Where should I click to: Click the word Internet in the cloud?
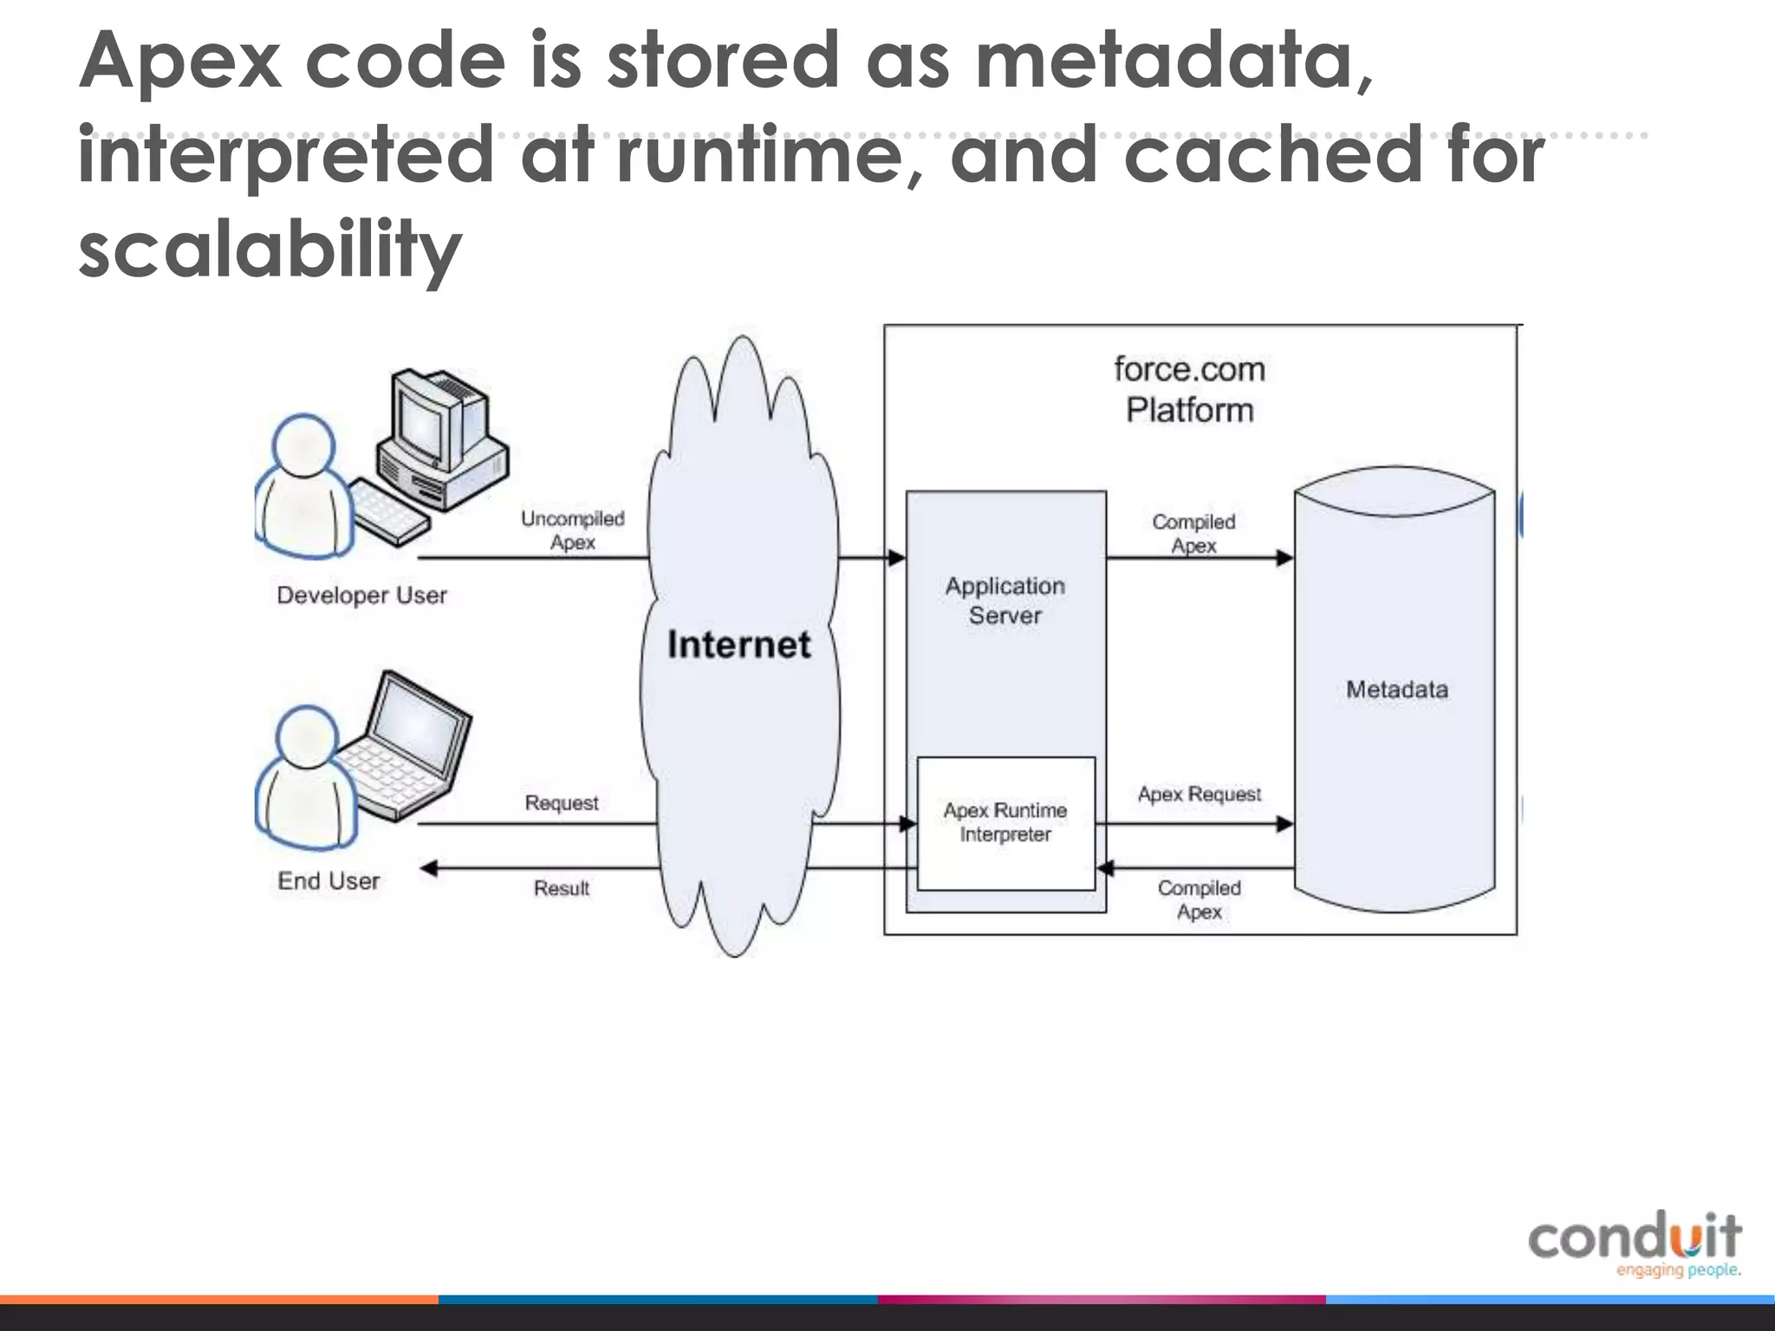739,645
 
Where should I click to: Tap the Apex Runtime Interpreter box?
1005,822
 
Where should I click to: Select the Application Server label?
1005,601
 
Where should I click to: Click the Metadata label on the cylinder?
1396,690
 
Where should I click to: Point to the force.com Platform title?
1189,390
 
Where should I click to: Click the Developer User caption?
361,595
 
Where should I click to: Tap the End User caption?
328,881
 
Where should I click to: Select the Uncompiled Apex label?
572,530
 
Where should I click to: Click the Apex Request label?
1199,795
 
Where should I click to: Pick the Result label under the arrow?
562,888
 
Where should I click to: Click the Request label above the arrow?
562,803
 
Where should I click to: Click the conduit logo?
1635,1243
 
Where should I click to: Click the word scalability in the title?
270,249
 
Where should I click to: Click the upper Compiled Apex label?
1193,534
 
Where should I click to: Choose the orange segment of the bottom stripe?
217,1299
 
